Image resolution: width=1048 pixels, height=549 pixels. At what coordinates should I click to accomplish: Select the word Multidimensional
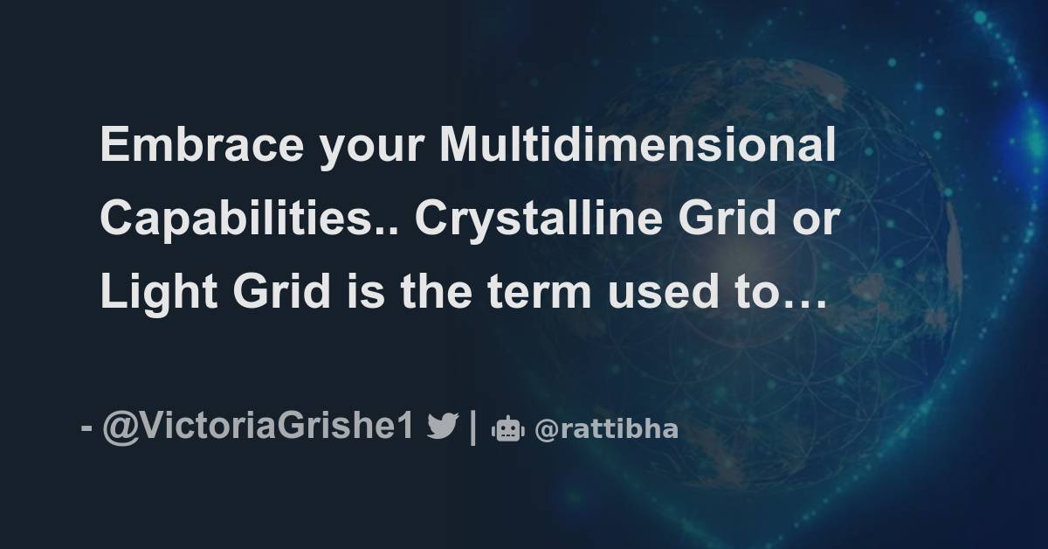[638, 147]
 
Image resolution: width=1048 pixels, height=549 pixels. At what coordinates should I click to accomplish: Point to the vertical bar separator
[472, 428]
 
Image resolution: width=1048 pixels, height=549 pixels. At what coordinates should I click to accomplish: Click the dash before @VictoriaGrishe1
[86, 430]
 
